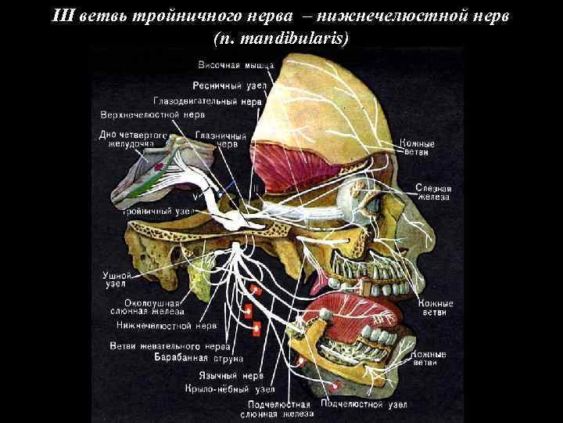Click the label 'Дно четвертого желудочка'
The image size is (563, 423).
tap(134, 139)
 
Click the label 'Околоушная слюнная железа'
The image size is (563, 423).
tap(153, 306)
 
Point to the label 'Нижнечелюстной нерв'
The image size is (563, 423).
tap(167, 324)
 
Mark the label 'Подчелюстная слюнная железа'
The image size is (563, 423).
tap(277, 409)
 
